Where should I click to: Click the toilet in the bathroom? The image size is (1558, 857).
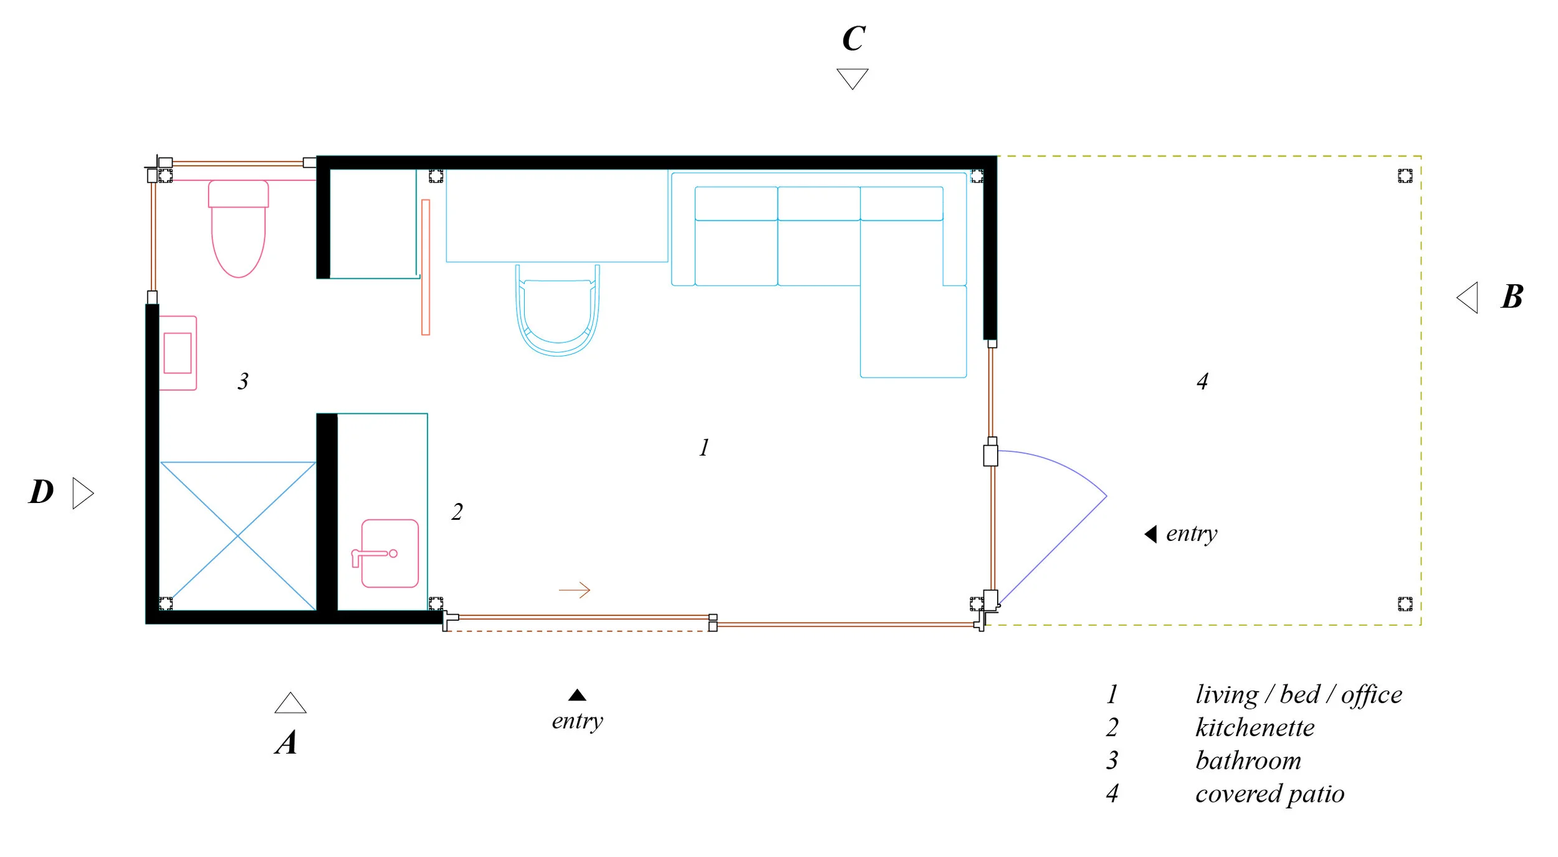click(238, 231)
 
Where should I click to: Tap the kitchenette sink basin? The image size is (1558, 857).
click(389, 553)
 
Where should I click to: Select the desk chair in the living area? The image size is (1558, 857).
click(557, 312)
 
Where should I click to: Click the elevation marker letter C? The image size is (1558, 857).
click(853, 39)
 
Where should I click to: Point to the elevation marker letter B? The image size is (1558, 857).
click(1511, 297)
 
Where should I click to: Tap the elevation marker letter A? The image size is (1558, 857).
click(286, 742)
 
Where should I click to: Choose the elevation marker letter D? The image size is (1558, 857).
click(41, 492)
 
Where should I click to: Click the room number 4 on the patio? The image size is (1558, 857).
click(1202, 381)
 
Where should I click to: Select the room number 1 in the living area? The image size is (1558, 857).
click(704, 448)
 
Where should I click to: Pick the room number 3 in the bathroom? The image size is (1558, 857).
click(243, 381)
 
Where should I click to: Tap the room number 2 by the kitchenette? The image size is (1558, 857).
click(457, 512)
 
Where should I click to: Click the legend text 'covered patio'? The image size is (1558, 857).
click(1269, 793)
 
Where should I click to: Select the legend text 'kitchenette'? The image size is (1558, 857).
click(1255, 727)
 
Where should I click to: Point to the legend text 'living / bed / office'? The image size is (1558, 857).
click(1298, 694)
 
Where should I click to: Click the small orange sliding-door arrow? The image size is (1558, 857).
click(574, 590)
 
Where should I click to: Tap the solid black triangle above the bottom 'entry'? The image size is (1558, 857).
click(577, 695)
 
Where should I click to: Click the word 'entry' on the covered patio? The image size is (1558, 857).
click(1191, 534)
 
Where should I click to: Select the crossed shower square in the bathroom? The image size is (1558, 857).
click(238, 535)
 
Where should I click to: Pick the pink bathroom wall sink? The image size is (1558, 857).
click(178, 353)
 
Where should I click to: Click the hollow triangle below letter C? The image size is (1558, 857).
click(852, 78)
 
